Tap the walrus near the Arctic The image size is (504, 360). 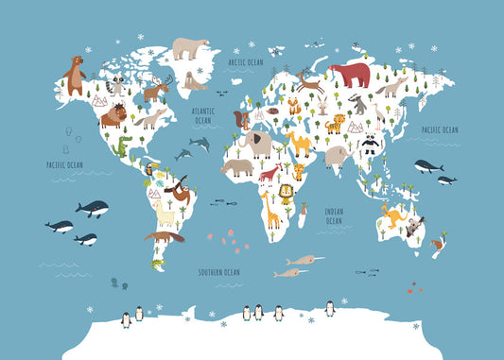pyautogui.click(x=196, y=82)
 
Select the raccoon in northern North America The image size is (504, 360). pyautogui.click(x=118, y=86)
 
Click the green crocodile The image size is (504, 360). pyautogui.click(x=124, y=146)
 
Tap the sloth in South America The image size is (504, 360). pyautogui.click(x=179, y=195)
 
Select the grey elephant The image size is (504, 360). pyautogui.click(x=256, y=143)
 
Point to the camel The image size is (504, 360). pyautogui.click(x=300, y=143)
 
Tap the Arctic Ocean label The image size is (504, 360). pyautogui.click(x=245, y=62)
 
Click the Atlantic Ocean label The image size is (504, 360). pyautogui.click(x=203, y=115)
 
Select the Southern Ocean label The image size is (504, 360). pyautogui.click(x=218, y=272)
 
